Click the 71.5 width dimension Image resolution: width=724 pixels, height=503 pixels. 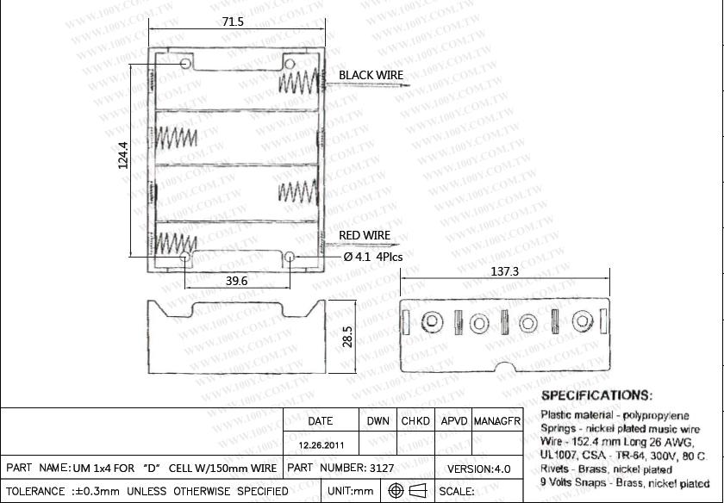(x=233, y=22)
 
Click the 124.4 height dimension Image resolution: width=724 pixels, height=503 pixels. (x=122, y=155)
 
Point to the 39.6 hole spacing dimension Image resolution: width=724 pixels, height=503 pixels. (x=237, y=281)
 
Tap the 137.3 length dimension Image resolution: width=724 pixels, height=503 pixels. (x=504, y=271)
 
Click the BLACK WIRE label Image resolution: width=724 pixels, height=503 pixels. (x=371, y=76)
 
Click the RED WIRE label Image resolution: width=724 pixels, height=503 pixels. (x=365, y=235)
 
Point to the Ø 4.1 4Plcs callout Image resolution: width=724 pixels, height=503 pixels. (x=372, y=257)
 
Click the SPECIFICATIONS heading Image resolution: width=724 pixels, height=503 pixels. (x=596, y=395)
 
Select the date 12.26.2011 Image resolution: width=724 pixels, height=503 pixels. (x=321, y=446)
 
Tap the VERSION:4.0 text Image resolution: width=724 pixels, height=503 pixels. (x=479, y=469)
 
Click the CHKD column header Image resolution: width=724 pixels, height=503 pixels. (x=417, y=421)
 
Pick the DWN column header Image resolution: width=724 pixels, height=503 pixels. (x=378, y=421)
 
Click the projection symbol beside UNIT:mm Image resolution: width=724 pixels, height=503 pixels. (x=408, y=491)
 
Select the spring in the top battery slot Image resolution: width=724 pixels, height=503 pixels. (x=300, y=83)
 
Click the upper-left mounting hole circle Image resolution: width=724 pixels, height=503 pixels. (x=187, y=65)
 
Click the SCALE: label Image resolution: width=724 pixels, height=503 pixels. (x=457, y=492)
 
